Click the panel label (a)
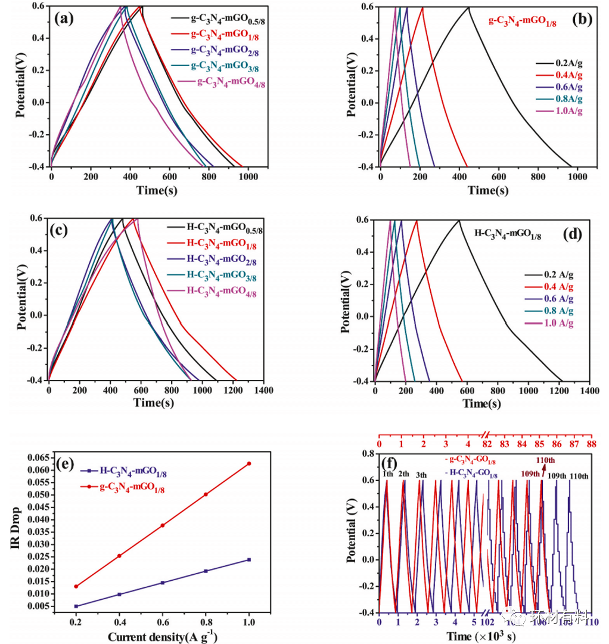[64, 18]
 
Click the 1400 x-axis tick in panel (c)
[264, 391]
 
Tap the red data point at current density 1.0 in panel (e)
[249, 463]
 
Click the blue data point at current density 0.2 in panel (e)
[76, 606]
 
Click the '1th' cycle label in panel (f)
[387, 475]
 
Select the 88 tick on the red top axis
[591, 445]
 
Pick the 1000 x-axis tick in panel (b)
[578, 177]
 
